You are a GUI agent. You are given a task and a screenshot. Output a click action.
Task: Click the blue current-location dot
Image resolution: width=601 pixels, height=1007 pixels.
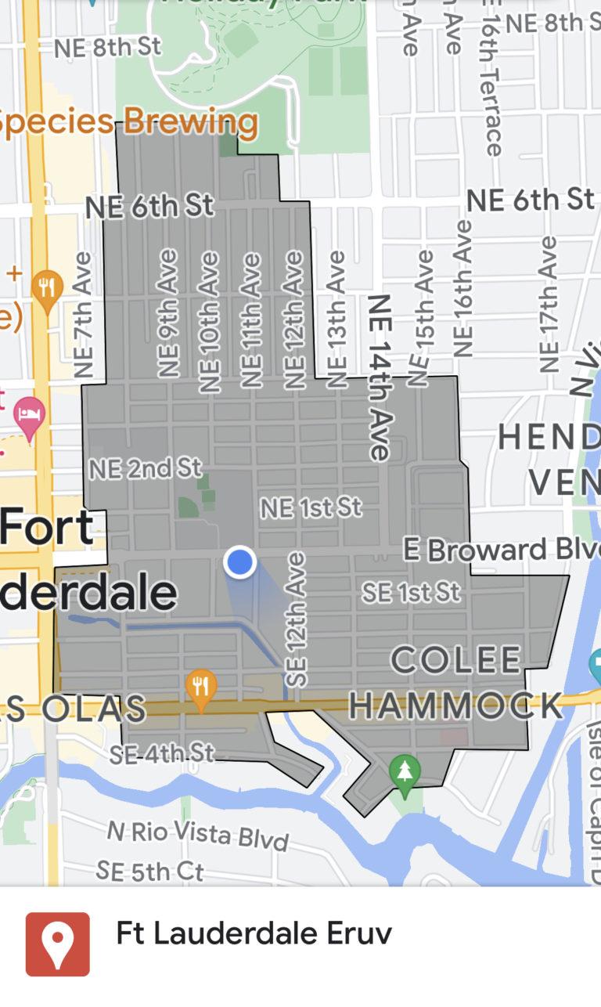pyautogui.click(x=240, y=562)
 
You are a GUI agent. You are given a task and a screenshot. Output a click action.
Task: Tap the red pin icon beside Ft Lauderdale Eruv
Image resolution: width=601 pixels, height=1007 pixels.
pyautogui.click(x=58, y=944)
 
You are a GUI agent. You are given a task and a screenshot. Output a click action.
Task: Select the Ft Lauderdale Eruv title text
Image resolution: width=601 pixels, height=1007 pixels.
pyautogui.click(x=254, y=933)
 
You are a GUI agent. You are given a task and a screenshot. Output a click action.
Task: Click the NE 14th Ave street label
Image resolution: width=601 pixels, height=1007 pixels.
pyautogui.click(x=380, y=377)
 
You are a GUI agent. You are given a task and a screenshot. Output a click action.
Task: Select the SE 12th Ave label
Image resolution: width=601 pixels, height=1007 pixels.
pyautogui.click(x=297, y=620)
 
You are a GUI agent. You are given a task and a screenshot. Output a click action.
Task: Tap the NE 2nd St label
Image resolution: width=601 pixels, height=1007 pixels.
pyautogui.click(x=145, y=468)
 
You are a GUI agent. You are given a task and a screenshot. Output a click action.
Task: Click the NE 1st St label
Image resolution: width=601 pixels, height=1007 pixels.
pyautogui.click(x=311, y=507)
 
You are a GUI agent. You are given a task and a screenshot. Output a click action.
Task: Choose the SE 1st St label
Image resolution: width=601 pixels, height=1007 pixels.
pyautogui.click(x=410, y=592)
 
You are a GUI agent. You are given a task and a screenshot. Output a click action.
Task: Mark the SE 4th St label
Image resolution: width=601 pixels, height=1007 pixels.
pyautogui.click(x=161, y=753)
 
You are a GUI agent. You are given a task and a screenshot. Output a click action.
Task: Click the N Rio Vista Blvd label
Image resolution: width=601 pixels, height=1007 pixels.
pyautogui.click(x=197, y=835)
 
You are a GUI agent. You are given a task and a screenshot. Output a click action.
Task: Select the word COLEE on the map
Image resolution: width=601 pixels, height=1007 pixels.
pyautogui.click(x=455, y=660)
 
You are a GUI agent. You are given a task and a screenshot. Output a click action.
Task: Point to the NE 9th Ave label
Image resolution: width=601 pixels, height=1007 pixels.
pyautogui.click(x=169, y=313)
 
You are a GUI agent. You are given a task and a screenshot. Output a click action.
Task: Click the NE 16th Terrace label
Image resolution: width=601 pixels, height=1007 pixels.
pyautogui.click(x=492, y=78)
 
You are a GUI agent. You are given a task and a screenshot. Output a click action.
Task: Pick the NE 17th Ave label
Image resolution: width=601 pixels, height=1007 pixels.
pyautogui.click(x=549, y=305)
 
